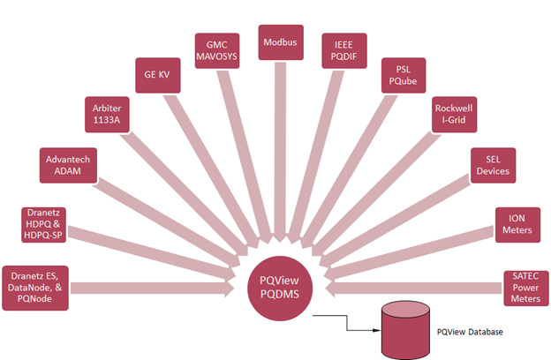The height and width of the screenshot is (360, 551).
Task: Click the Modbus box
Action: [278, 41]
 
